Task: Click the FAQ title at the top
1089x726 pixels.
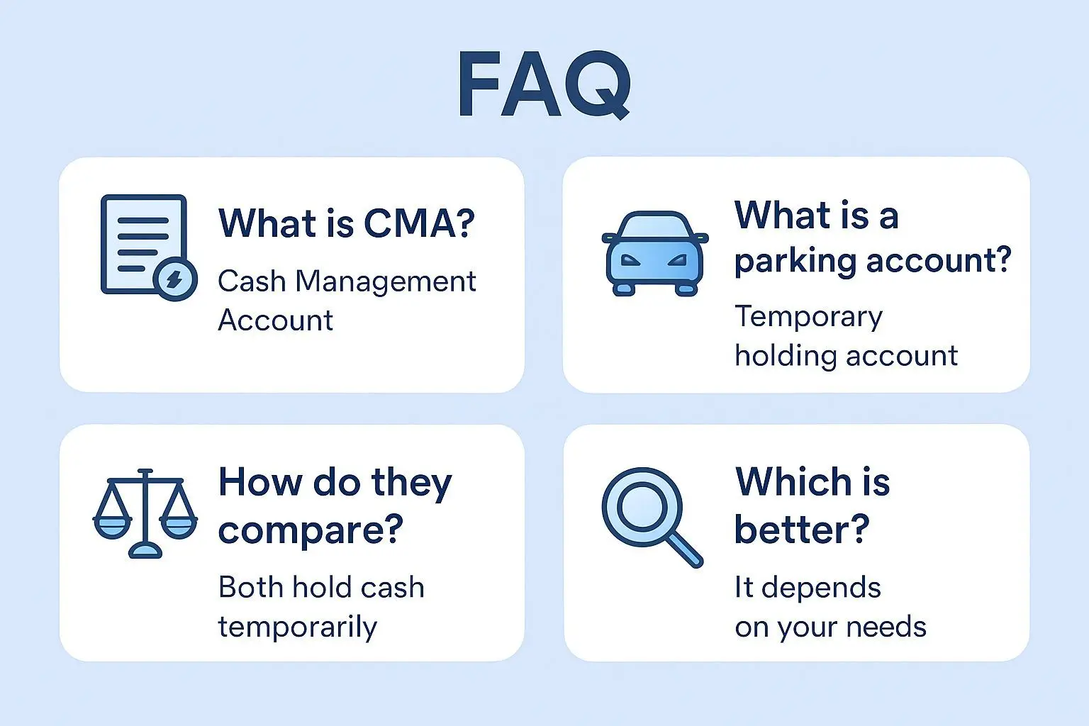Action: tap(544, 84)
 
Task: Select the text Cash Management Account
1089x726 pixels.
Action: tap(346, 301)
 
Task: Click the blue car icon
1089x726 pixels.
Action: tap(654, 253)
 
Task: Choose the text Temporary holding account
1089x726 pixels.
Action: tap(845, 335)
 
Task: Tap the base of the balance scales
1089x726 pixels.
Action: tap(145, 550)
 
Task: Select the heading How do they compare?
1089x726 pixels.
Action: tap(335, 505)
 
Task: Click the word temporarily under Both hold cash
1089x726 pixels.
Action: tap(297, 627)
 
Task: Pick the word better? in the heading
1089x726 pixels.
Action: tap(801, 529)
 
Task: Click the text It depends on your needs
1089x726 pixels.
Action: tap(830, 607)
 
